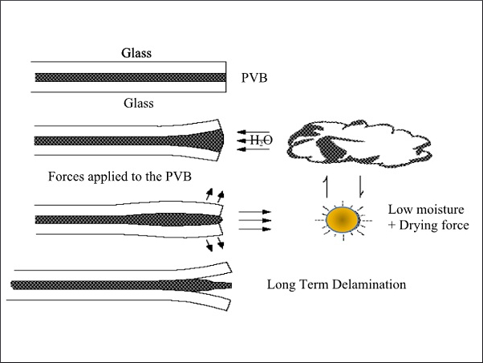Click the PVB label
click(254, 78)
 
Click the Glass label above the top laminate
click(136, 54)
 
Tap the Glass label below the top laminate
click(138, 103)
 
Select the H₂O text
click(260, 141)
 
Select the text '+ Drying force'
click(428, 226)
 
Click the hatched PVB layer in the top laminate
click(136, 78)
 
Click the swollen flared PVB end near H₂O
click(210, 141)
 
